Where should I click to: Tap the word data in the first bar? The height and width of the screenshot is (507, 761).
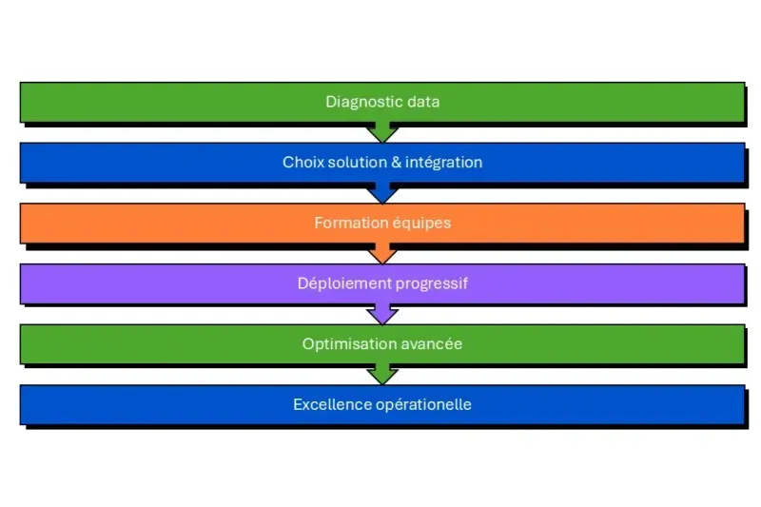pos(422,102)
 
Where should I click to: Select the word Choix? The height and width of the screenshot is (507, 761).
pos(302,163)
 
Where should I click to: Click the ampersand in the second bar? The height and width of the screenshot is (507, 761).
pos(396,163)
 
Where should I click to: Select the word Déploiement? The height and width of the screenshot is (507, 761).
pos(338,283)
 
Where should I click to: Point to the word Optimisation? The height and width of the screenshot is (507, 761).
pos(341,344)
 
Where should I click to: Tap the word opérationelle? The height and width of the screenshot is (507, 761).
pos(421,404)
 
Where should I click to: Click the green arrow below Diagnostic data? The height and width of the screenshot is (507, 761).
pos(381,132)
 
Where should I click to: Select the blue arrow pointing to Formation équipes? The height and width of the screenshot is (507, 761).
pos(381,193)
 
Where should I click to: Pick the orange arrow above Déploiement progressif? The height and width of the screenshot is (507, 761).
pos(381,254)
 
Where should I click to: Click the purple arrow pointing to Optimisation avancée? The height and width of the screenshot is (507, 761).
pos(381,314)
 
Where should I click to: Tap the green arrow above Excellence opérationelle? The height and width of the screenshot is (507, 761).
pos(381,375)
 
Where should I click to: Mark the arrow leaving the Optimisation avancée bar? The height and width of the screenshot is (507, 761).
pos(381,375)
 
